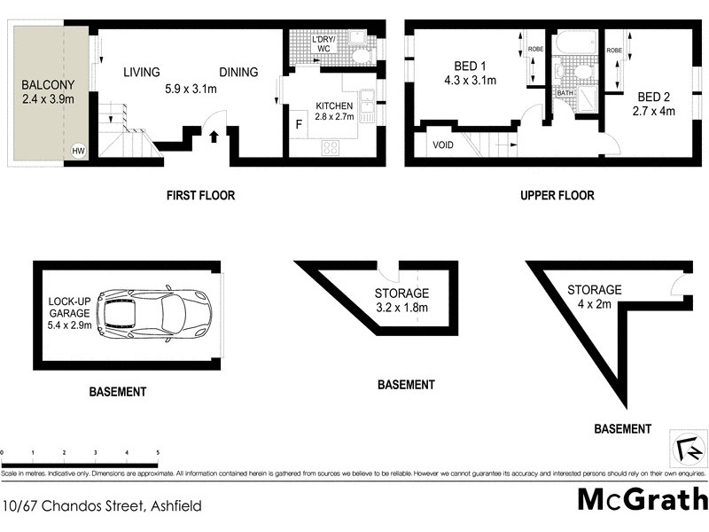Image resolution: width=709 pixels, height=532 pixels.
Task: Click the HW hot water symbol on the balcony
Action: coord(78,152)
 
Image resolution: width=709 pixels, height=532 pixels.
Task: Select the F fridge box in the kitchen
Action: coord(298,124)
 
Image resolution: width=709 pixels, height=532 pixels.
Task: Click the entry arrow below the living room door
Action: coord(214,136)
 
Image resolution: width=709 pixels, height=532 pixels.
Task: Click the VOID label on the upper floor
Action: coord(443,145)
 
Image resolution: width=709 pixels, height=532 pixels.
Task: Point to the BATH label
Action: coord(565,92)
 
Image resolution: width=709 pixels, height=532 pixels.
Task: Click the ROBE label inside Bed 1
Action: coord(536,50)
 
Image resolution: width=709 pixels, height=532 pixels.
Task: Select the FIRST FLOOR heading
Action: coord(200,195)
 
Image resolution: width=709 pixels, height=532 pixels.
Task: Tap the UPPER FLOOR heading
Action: coord(557,195)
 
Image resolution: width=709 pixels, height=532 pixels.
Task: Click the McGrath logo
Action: coord(642,499)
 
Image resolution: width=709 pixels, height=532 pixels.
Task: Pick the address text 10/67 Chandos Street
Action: coord(102,506)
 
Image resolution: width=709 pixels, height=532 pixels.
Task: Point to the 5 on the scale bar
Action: coord(158,453)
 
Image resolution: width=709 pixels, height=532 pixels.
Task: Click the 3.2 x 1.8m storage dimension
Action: coord(401,308)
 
